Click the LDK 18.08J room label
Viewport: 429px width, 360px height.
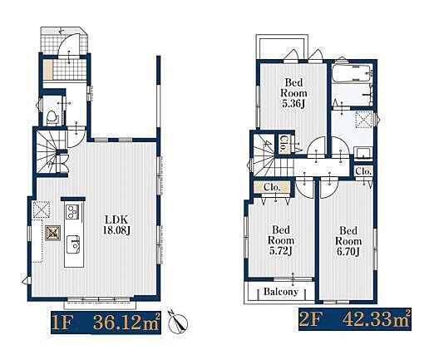tap(116, 224)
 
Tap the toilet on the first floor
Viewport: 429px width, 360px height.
tap(52, 116)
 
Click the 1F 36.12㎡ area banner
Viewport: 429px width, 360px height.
tap(106, 322)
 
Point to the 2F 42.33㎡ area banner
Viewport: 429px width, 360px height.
tap(355, 320)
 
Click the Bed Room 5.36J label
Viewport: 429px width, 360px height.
tap(293, 93)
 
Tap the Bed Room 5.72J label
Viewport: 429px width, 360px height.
tap(281, 240)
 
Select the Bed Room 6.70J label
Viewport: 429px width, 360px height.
tap(348, 241)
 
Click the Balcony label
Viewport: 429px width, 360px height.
tap(281, 292)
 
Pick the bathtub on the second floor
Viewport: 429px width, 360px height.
tap(353, 73)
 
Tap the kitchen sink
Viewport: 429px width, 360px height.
tap(73, 244)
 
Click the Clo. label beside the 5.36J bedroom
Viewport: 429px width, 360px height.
tap(284, 144)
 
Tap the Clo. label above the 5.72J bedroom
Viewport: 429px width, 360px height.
tap(272, 188)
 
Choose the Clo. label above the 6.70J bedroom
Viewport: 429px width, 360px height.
tap(362, 171)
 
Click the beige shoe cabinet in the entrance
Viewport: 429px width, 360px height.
tap(48, 70)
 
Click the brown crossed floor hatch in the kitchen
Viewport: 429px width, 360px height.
tap(52, 233)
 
